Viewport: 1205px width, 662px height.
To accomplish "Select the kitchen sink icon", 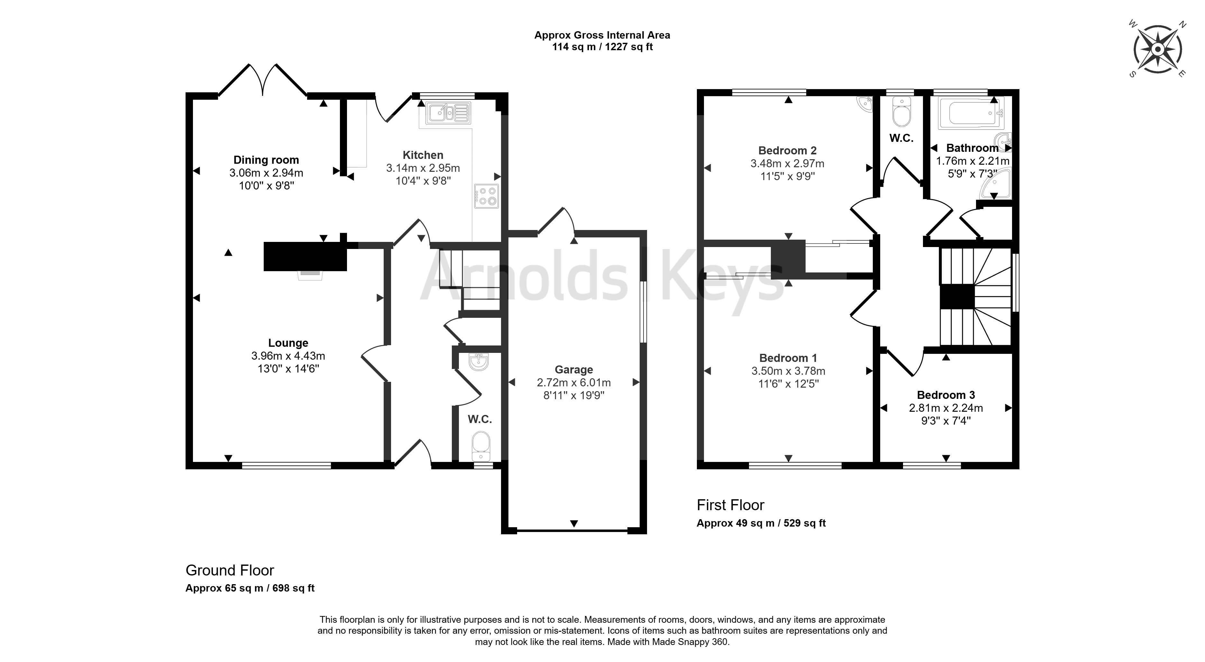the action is [448, 113].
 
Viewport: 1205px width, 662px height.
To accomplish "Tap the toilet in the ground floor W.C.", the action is [481, 447].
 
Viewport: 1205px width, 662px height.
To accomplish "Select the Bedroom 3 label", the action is [946, 395].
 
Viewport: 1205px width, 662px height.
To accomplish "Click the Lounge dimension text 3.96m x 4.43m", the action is [288, 355].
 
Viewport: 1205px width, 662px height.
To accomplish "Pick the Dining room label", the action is [266, 160].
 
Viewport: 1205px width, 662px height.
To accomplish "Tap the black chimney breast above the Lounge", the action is [305, 256].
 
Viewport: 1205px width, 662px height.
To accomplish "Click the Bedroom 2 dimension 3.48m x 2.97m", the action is [788, 164].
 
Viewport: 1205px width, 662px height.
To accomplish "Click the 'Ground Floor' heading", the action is [230, 570].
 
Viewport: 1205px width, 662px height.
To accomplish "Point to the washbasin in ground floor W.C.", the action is [479, 362].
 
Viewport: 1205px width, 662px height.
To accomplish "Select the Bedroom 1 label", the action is [788, 358].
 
